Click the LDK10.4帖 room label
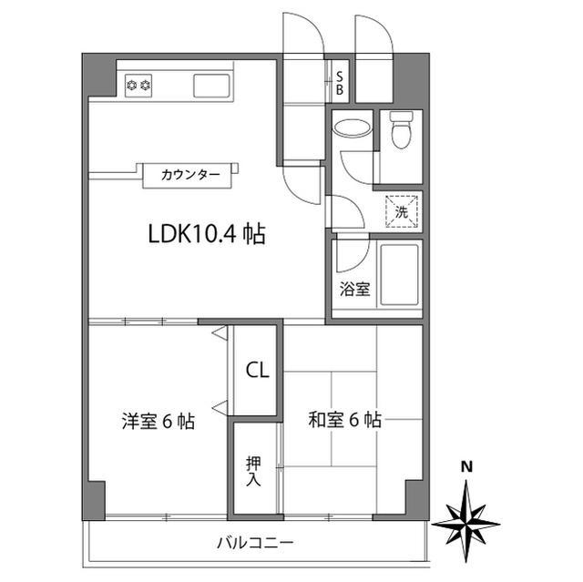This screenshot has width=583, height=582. (207, 235)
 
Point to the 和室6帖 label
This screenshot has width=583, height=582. (344, 420)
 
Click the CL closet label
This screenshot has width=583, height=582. (257, 371)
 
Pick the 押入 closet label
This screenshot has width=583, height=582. (254, 470)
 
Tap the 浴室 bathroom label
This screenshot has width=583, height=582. (354, 290)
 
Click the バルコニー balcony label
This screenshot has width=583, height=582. (254, 544)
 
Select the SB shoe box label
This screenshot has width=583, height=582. (339, 83)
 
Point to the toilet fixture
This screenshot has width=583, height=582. (401, 132)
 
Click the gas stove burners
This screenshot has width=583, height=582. (138, 86)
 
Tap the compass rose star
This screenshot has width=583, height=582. (466, 521)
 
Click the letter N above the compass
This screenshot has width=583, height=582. (466, 466)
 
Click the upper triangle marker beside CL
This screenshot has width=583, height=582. (220, 335)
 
